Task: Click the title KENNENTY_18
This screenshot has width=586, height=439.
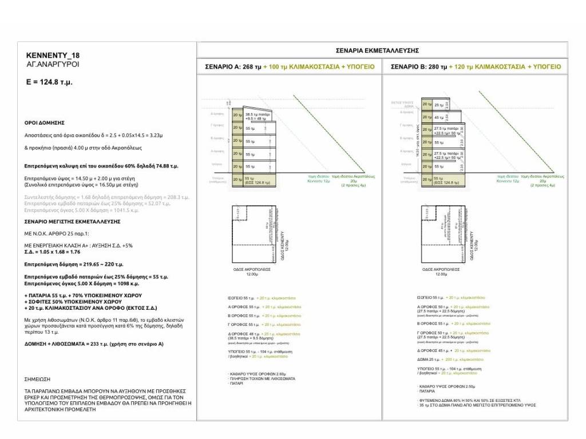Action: coord(53,55)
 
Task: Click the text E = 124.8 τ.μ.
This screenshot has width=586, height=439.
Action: coord(49,82)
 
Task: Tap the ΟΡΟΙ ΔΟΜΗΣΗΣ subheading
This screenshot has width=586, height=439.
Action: coord(44,123)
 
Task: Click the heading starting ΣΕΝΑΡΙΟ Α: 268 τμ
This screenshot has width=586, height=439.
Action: coord(290,67)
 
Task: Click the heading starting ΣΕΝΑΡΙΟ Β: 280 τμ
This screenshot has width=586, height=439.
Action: coord(476,67)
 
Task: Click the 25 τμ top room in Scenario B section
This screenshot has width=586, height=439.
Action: coord(438,105)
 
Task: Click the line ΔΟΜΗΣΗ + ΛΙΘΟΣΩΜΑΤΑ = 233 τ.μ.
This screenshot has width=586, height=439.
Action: coord(94,344)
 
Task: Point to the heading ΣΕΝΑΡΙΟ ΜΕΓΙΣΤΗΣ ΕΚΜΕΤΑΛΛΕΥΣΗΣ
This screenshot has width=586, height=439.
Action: coord(72,221)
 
